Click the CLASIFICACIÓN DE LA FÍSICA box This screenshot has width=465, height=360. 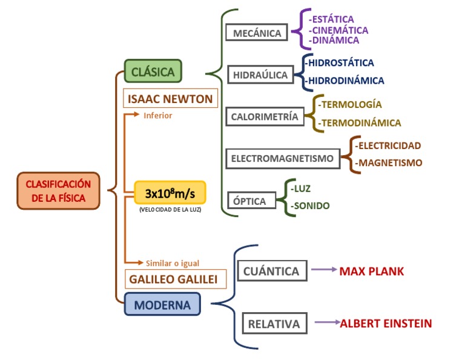58,190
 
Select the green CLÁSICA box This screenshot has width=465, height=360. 153,72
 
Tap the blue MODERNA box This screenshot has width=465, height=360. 162,304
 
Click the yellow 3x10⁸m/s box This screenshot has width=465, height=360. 170,193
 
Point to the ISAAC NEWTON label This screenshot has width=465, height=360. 170,99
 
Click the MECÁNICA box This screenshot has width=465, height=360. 257,33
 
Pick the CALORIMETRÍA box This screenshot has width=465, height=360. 265,117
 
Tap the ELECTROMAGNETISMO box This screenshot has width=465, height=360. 282,159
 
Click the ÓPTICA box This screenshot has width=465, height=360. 249,201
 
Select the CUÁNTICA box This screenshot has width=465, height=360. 271,271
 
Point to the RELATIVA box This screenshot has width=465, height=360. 274,324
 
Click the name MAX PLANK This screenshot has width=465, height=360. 371,271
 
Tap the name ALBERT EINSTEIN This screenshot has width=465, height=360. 386,324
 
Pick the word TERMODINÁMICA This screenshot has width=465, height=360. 361,123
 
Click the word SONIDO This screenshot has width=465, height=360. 310,206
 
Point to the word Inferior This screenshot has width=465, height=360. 158,115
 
